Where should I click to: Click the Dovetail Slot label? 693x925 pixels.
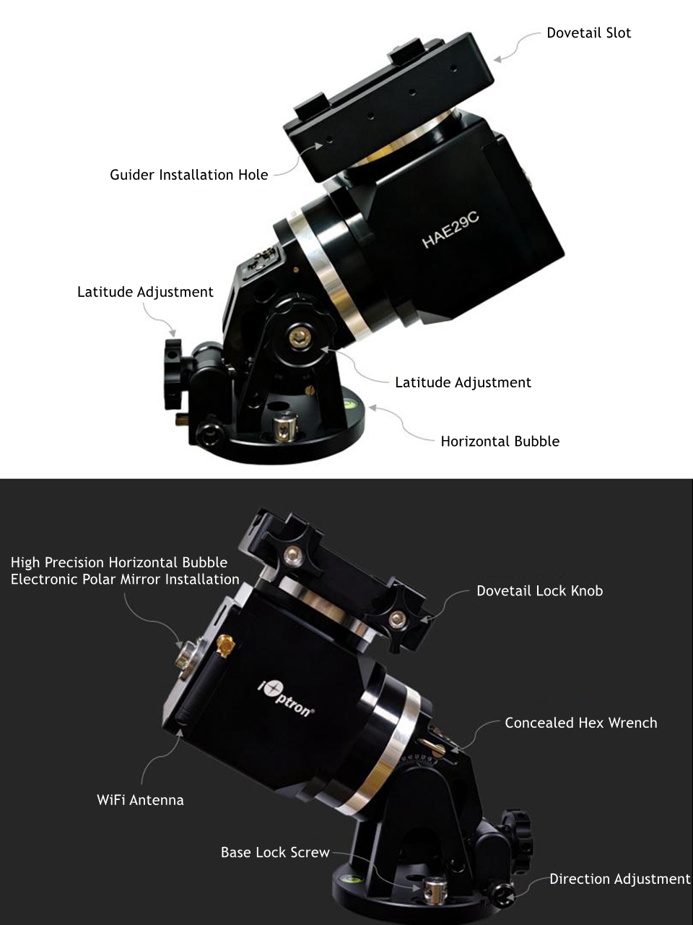[x=588, y=33]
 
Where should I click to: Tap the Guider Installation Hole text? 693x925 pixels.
[x=189, y=174]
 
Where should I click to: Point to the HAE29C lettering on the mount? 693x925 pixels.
[x=450, y=230]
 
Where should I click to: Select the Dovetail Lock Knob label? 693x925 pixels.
[x=539, y=591]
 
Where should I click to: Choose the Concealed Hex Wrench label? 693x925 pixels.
[x=580, y=723]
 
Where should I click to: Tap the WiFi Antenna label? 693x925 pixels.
[x=140, y=800]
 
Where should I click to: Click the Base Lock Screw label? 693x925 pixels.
[x=275, y=852]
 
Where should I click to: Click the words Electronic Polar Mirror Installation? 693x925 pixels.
[x=125, y=579]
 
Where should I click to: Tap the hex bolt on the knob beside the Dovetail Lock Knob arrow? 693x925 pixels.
[x=398, y=619]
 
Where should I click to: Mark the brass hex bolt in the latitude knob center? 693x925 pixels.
[x=300, y=336]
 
